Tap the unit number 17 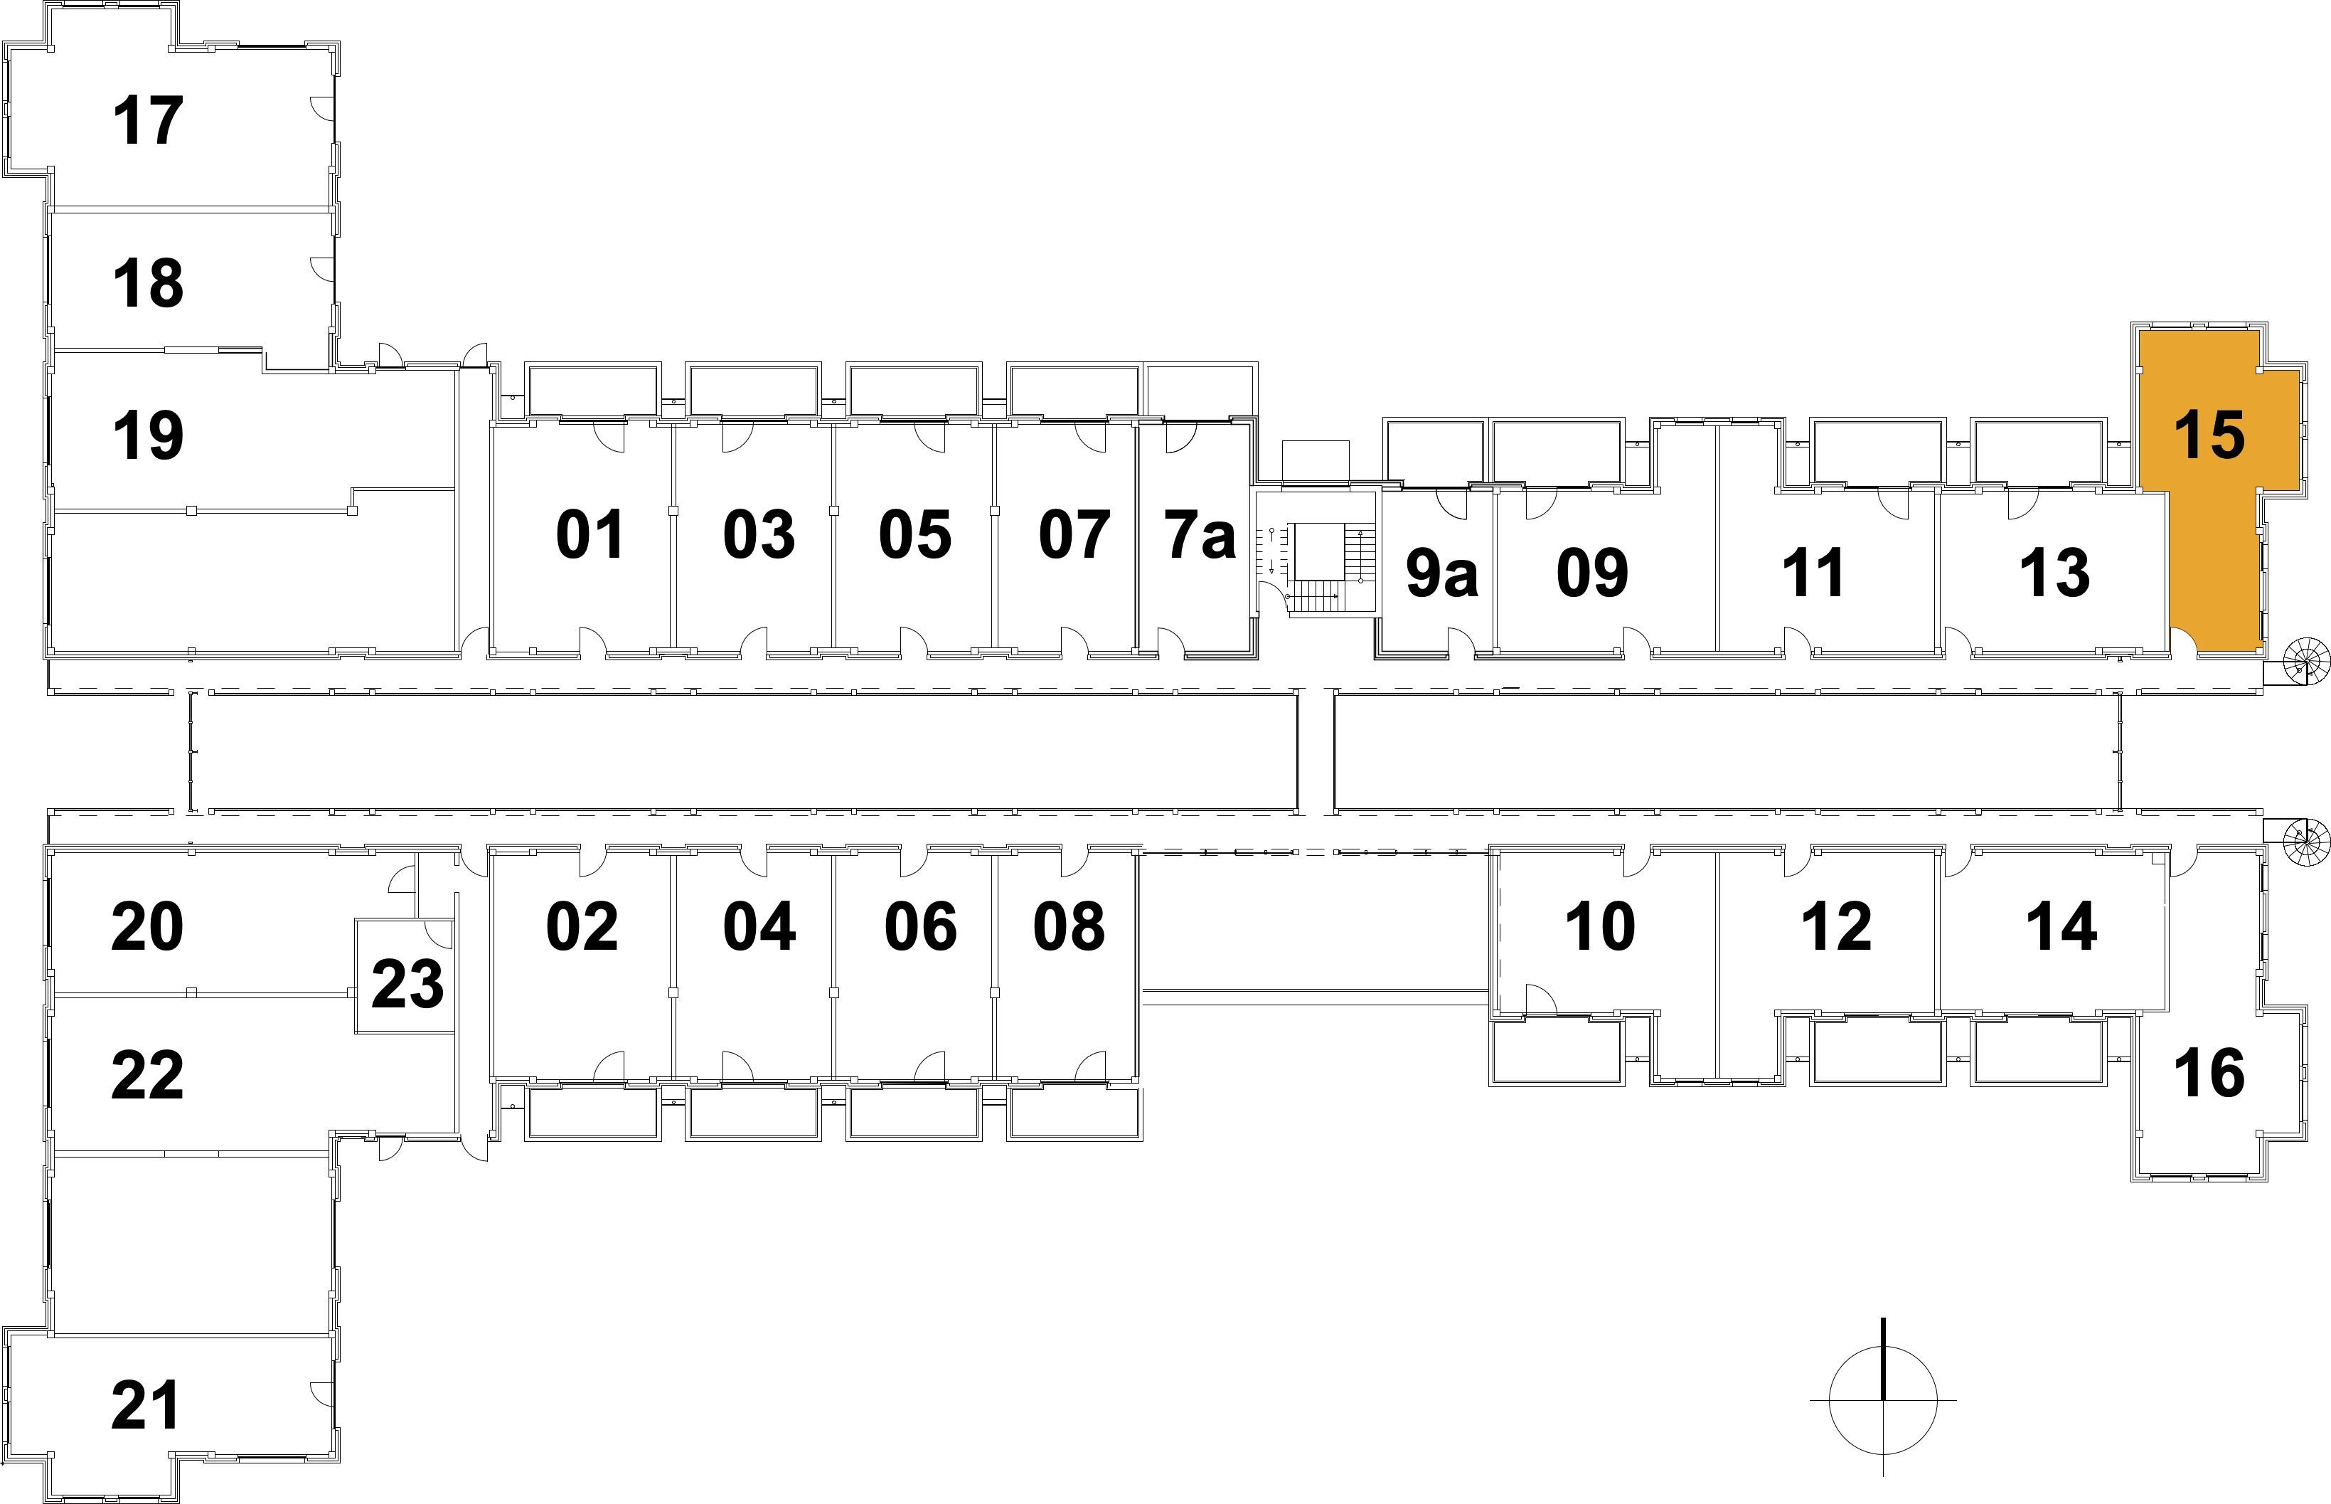tap(149, 121)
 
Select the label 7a tap(1200, 535)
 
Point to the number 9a tap(1441, 573)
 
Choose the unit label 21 tap(146, 1405)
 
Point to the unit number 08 tap(1069, 926)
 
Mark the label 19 tap(149, 435)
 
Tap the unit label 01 tap(590, 535)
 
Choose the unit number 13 tap(2054, 573)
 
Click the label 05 tap(914, 535)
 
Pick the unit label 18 tap(149, 283)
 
